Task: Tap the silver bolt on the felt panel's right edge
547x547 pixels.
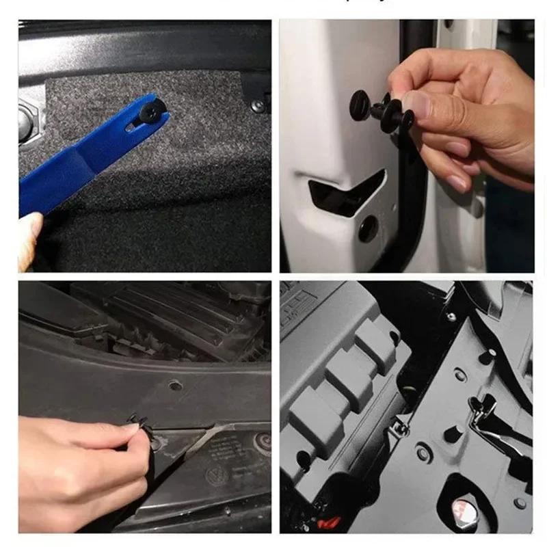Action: [x=258, y=106]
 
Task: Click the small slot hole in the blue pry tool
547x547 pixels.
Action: [x=133, y=126]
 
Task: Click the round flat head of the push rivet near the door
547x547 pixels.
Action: [x=360, y=104]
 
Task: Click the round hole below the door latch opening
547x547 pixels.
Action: [x=369, y=228]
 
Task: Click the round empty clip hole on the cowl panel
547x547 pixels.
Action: [x=176, y=386]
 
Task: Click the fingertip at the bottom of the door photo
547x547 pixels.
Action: [x=457, y=184]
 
